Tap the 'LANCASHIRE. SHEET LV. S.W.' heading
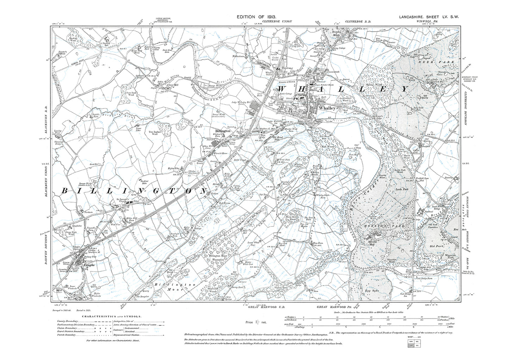click(429, 17)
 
